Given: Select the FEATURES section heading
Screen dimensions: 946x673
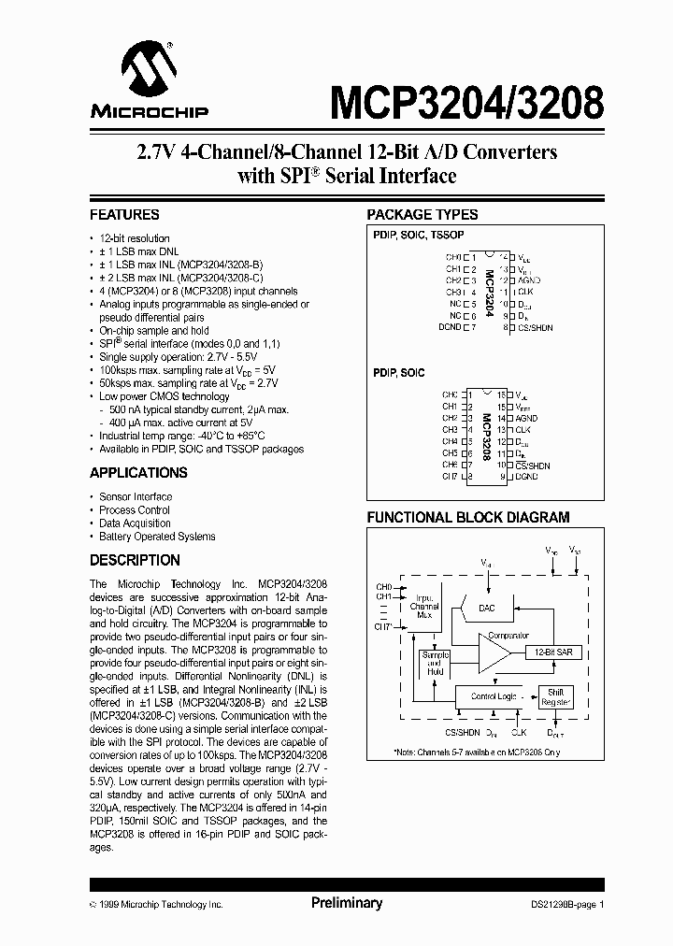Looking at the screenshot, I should pos(124,214).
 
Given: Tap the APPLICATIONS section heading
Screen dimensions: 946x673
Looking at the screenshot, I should pos(138,473).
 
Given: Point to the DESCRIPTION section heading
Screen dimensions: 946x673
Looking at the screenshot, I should pos(135,560).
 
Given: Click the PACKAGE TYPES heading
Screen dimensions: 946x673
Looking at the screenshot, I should pos(422,214).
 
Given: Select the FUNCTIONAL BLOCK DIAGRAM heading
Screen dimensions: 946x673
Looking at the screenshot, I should pos(467,517).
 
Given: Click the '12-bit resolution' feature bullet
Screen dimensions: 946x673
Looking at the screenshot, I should pos(135,238).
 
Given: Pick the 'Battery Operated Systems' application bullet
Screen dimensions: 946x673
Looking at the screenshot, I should pos(157,537).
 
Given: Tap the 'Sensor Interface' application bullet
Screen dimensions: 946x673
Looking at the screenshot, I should pos(136,496).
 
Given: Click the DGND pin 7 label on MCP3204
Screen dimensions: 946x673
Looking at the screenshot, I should pos(450,327).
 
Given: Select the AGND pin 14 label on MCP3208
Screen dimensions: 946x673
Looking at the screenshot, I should pos(529,418).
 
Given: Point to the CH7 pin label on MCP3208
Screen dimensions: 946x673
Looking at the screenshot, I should pos(450,477).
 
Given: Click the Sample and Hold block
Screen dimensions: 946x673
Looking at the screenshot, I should pos(435,664).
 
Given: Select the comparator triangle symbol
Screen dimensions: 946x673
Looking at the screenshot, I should pos(492,652).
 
